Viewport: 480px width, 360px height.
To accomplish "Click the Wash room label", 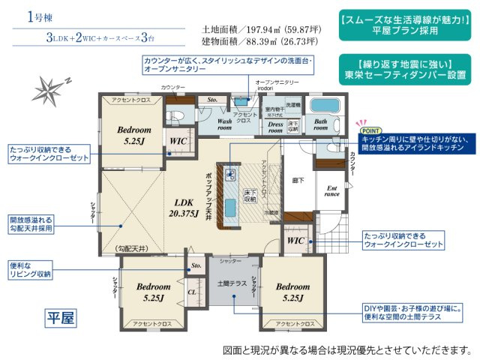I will [225, 123].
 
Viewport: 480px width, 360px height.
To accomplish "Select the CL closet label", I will [193, 292].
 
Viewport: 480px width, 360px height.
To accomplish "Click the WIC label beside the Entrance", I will [295, 240].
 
